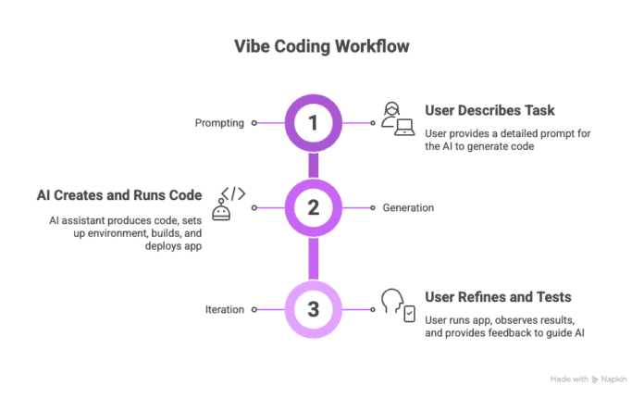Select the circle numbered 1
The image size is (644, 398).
click(x=313, y=121)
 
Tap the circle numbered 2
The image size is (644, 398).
click(x=313, y=207)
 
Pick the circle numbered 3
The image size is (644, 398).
click(x=313, y=307)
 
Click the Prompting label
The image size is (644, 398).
click(x=218, y=122)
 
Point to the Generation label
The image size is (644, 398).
click(x=408, y=207)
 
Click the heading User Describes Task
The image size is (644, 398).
click(x=489, y=110)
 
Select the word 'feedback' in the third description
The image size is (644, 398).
click(x=512, y=332)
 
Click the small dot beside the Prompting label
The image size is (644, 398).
click(x=253, y=122)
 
